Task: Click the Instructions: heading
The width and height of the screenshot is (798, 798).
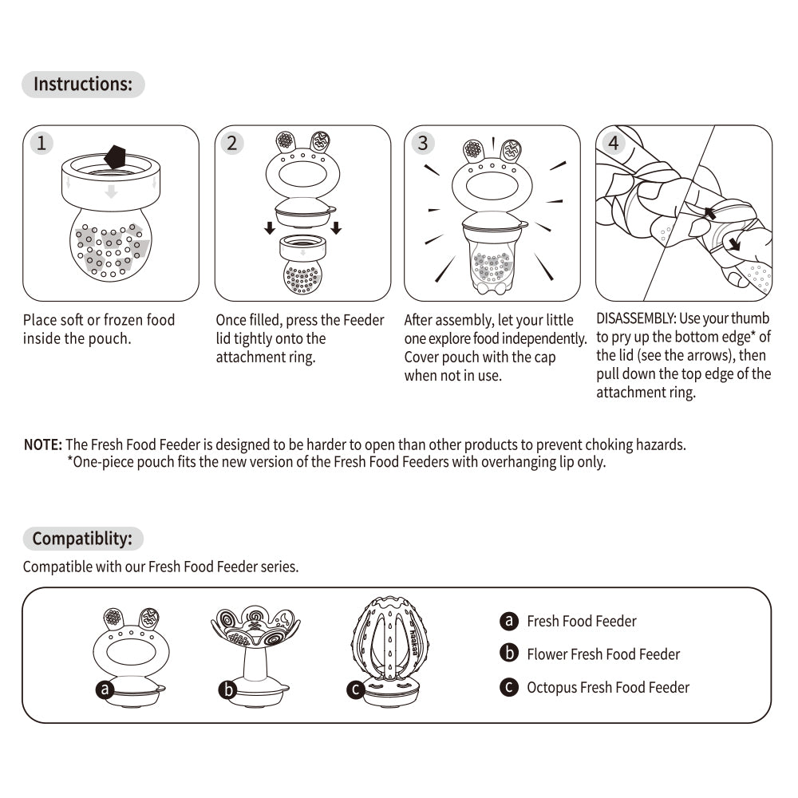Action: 83,85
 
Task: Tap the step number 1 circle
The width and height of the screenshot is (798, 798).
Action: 41,144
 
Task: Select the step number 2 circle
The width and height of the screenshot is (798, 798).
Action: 232,144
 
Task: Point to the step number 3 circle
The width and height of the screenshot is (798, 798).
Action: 423,144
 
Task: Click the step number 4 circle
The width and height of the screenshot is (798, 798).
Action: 614,144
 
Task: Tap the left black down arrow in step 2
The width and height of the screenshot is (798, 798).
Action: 271,227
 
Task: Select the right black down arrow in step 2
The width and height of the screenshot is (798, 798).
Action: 336,227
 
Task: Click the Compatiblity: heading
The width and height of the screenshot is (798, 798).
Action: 82,539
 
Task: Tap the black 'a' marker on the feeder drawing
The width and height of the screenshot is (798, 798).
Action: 105,689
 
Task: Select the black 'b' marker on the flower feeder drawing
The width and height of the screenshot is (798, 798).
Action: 228,689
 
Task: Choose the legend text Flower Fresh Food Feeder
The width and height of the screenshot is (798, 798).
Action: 603,654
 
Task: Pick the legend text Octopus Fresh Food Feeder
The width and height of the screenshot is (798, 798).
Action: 608,687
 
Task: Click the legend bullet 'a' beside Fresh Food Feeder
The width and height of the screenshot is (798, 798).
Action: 509,621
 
